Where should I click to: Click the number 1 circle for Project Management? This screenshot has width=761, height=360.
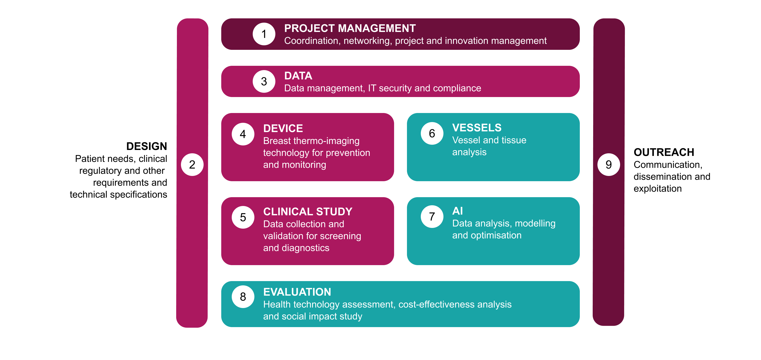click(264, 34)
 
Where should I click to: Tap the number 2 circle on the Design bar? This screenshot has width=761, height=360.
click(192, 165)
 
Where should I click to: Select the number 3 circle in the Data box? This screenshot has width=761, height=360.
click(264, 81)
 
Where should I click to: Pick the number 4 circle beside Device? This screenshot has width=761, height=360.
click(243, 134)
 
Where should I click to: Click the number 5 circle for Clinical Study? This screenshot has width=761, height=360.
click(243, 217)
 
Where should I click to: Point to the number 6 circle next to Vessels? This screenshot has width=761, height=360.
click(432, 134)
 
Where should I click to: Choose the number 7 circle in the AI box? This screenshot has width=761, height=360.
click(432, 216)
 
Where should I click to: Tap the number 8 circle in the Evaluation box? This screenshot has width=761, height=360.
click(243, 297)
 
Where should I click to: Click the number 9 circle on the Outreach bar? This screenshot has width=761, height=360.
click(609, 165)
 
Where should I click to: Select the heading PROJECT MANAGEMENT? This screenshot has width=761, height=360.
click(350, 28)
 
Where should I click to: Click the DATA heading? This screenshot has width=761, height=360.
click(298, 76)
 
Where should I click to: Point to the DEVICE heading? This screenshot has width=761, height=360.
click(283, 129)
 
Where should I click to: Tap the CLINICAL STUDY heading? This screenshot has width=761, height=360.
click(308, 212)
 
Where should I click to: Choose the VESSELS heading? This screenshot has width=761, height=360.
click(477, 128)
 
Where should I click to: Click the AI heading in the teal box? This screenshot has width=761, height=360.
click(457, 211)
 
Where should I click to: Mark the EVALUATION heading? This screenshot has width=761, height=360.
click(297, 292)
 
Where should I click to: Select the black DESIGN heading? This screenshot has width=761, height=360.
click(147, 146)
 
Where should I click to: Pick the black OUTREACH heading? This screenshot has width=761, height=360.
click(664, 152)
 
